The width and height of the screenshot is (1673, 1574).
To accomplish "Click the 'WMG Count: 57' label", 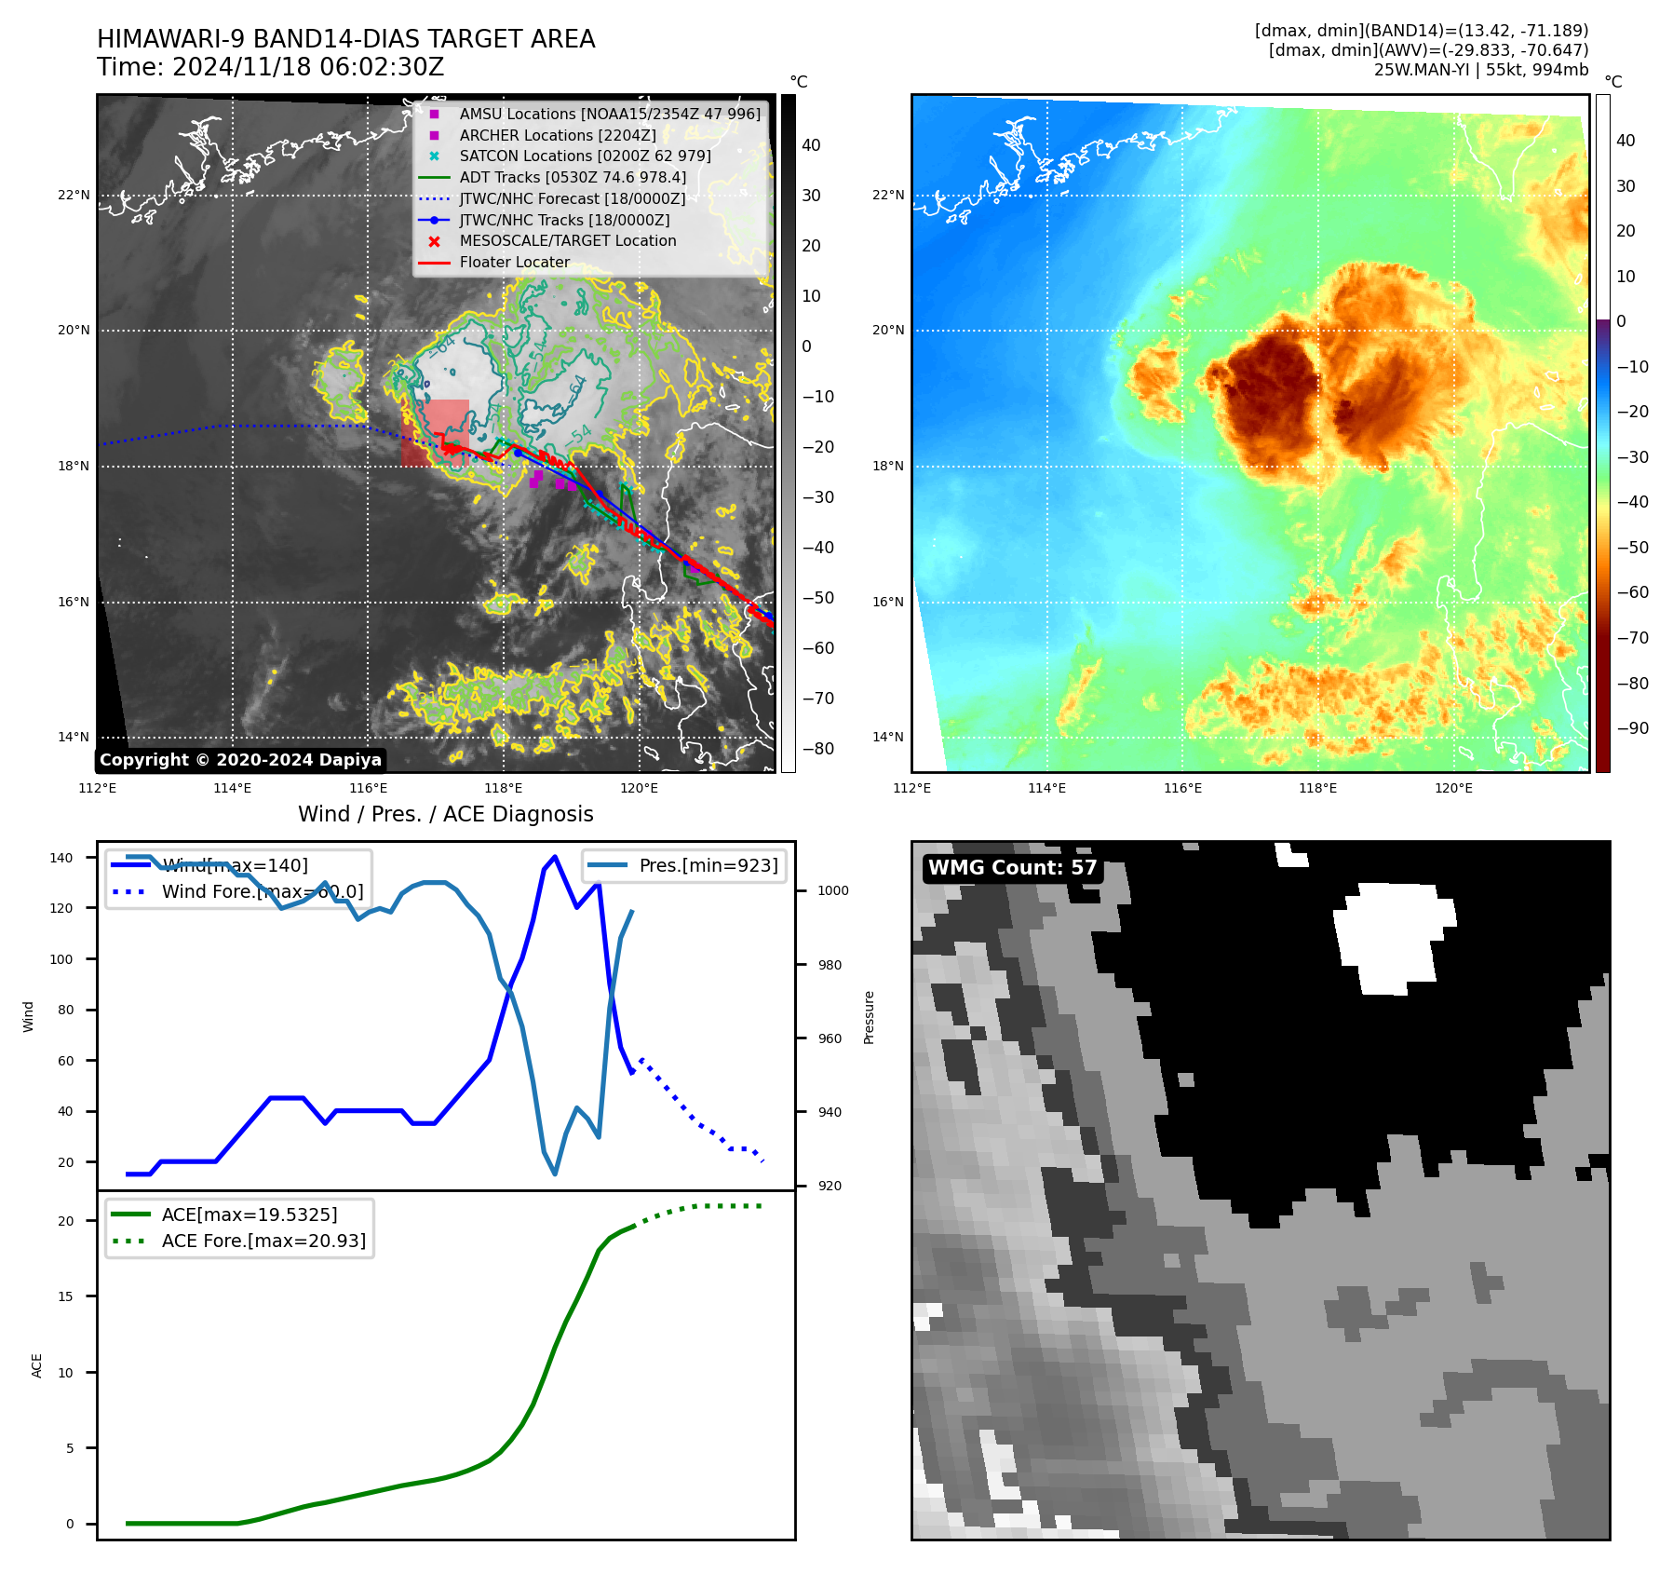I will pyautogui.click(x=1012, y=868).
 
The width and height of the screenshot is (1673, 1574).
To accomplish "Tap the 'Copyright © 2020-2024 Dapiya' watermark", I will pyautogui.click(x=240, y=760).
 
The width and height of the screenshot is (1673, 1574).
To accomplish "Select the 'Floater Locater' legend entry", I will pyautogui.click(x=514, y=263).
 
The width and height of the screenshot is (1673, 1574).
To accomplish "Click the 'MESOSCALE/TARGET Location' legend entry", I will pyautogui.click(x=567, y=241).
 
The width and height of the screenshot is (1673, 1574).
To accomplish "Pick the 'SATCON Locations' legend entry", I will pyautogui.click(x=585, y=156).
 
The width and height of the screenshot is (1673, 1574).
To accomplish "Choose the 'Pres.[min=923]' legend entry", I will pyautogui.click(x=708, y=865).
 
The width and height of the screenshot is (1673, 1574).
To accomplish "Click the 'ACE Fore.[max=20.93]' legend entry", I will pyautogui.click(x=263, y=1241).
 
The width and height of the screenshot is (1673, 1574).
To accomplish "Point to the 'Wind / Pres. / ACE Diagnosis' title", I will pyautogui.click(x=445, y=814).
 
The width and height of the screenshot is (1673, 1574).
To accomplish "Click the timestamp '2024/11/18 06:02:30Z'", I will pyautogui.click(x=308, y=68).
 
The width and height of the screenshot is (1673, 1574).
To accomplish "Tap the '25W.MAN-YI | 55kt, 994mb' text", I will pyautogui.click(x=1480, y=70).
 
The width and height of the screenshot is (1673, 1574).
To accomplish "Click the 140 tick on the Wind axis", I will pyautogui.click(x=61, y=858).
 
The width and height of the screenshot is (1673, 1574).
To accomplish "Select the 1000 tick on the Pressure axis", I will pyautogui.click(x=833, y=891).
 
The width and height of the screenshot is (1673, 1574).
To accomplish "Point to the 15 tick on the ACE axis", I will pyautogui.click(x=65, y=1296).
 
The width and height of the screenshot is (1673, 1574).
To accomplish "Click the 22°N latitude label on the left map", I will pyautogui.click(x=74, y=196).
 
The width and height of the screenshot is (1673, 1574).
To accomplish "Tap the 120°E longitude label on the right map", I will pyautogui.click(x=1453, y=789).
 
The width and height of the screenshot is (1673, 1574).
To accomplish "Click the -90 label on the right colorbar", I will pyautogui.click(x=1633, y=728).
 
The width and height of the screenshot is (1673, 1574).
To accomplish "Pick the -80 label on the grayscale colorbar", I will pyautogui.click(x=818, y=749).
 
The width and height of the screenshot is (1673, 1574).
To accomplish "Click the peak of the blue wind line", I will pyautogui.click(x=555, y=856).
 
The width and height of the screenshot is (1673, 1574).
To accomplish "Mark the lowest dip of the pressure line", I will pyautogui.click(x=555, y=1174).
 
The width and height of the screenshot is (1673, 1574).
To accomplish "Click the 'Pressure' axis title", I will pyautogui.click(x=869, y=1017).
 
